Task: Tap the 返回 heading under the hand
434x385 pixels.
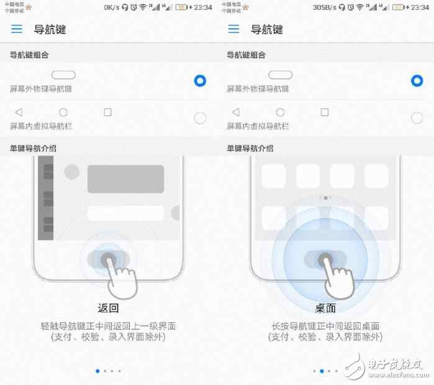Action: tap(108, 308)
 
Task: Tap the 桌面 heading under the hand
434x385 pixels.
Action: tap(325, 308)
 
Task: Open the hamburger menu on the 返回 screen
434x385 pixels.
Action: tap(17, 29)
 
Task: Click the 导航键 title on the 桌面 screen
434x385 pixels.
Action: tap(266, 29)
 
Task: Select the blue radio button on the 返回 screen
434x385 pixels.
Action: tap(200, 81)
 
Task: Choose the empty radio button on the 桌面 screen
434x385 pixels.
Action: tap(417, 118)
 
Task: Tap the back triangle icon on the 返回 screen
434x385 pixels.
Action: tap(18, 112)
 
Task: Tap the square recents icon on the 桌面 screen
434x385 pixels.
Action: tap(324, 112)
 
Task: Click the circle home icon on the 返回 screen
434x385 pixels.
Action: tap(63, 112)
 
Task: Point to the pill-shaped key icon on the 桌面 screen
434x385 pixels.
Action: tap(280, 75)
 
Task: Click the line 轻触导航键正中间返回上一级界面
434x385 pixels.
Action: tap(107, 326)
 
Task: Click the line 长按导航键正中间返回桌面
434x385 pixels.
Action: tap(325, 326)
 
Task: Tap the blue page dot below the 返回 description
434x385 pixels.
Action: tap(97, 371)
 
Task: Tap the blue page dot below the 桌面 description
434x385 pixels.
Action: tap(322, 371)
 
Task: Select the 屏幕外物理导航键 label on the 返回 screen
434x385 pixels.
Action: tap(41, 89)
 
